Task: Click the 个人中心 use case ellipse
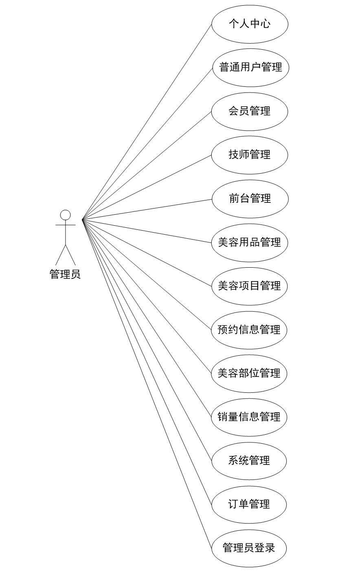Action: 250,24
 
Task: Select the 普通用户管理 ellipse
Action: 250,68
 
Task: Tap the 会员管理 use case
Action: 250,111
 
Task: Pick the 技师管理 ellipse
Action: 250,155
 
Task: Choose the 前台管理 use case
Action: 250,199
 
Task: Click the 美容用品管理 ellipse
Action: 249,242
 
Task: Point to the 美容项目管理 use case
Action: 249,286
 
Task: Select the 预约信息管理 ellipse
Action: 249,330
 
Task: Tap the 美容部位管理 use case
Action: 249,373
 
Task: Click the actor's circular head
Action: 66,215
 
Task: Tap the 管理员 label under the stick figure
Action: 65,274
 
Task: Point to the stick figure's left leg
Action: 61,255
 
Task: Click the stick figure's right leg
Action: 70,255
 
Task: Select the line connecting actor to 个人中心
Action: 147,122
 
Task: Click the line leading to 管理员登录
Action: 147,383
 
